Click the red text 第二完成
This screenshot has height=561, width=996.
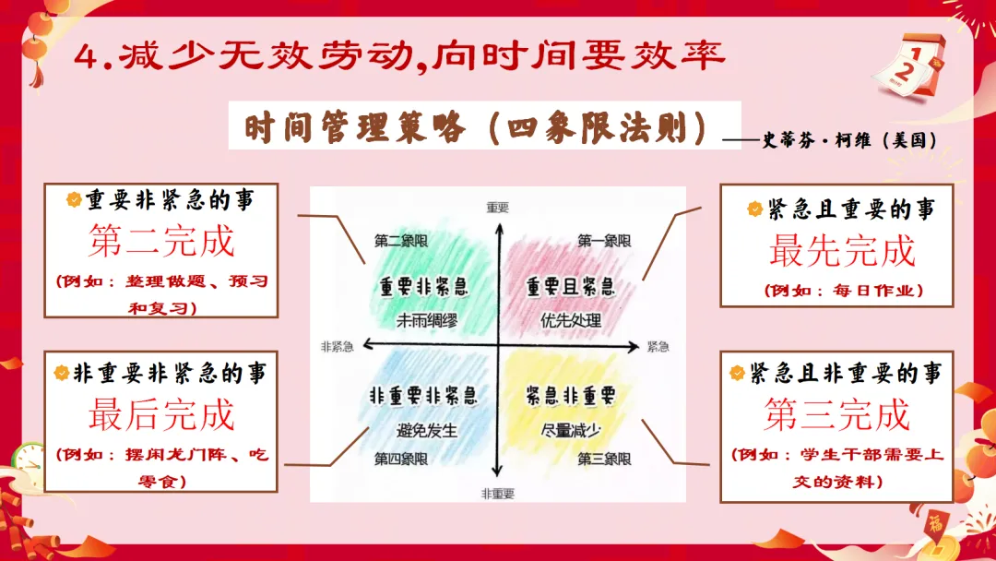tap(162, 242)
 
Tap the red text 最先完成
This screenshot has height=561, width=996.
tap(842, 250)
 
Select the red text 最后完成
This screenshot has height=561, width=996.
tap(162, 415)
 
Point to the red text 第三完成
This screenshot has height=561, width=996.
tap(836, 415)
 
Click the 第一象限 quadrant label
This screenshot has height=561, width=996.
tap(604, 241)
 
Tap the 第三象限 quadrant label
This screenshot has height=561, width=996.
tap(604, 459)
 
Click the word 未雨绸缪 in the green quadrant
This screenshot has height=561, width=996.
tap(428, 321)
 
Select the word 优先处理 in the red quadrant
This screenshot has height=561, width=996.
tap(572, 321)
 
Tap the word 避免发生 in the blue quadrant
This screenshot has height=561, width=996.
tap(427, 430)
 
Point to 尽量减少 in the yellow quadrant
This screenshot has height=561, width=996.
tap(572, 430)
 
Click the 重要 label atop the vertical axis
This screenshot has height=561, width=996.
tap(498, 207)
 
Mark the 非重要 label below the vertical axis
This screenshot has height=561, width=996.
tap(498, 494)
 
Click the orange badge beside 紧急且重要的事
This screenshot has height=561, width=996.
tap(754, 209)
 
